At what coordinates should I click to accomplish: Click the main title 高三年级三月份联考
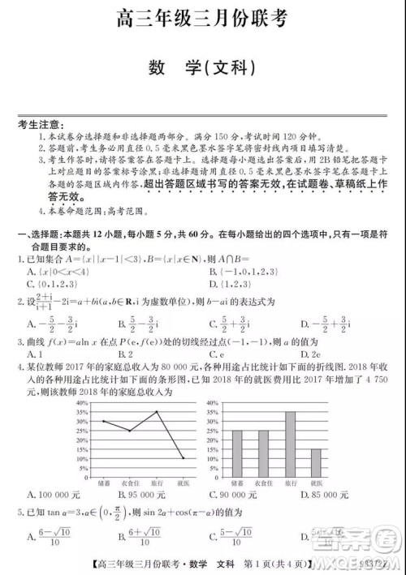point(203,18)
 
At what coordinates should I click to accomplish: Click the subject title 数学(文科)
point(204,66)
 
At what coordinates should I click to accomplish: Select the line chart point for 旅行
point(158,411)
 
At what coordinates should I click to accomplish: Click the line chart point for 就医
point(184,458)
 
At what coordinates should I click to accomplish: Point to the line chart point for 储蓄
point(103,421)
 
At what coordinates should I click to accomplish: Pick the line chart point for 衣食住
point(130,431)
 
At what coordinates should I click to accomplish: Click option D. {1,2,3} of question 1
point(236,284)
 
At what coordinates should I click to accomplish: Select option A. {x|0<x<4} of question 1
point(58,272)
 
